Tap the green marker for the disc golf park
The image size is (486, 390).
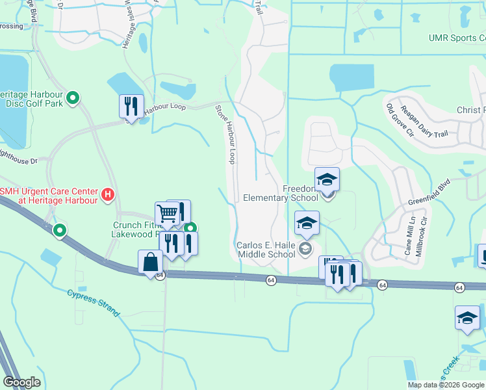click(x=73, y=99)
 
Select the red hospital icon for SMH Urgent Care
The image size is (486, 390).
click(x=109, y=194)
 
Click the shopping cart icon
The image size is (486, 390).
click(x=168, y=213)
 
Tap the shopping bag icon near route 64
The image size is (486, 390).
click(x=150, y=263)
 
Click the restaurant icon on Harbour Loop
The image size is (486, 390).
click(x=131, y=105)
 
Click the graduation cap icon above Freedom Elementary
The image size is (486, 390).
click(x=327, y=179)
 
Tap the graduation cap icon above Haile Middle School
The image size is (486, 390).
click(x=307, y=224)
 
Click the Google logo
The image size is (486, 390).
click(x=22, y=382)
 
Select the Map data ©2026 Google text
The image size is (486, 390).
click(x=446, y=385)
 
